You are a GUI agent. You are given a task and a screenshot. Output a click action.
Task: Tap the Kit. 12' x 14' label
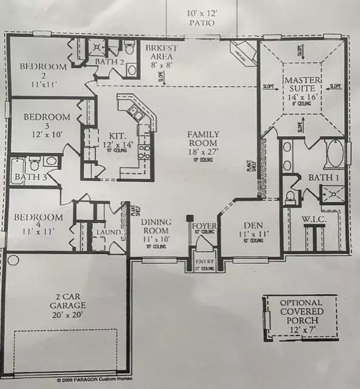click(113, 145)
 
